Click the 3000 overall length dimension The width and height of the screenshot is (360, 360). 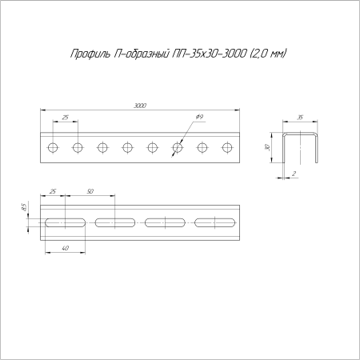pos(140,106)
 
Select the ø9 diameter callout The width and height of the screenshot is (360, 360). pos(198,118)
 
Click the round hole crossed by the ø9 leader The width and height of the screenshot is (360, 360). pos(178,147)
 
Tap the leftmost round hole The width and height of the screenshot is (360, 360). pos(53,147)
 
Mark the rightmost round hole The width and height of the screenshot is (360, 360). pos(227,147)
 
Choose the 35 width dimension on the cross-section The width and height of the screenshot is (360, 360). pos(299,118)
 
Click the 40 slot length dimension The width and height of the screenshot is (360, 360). pos(65,248)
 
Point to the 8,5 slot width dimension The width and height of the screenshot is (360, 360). pos(25,208)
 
